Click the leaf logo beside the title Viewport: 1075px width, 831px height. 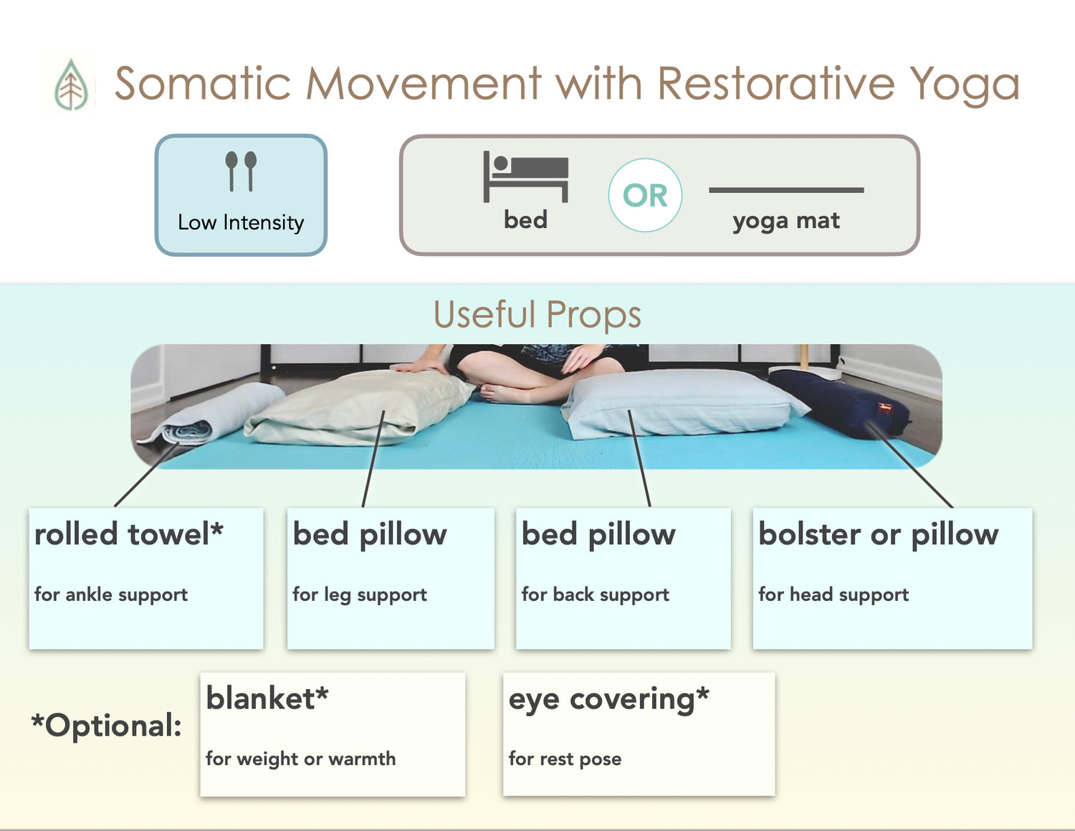(71, 84)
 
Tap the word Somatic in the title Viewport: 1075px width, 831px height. (203, 83)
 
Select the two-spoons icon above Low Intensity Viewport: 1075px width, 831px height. (241, 171)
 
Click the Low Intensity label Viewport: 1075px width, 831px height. (241, 222)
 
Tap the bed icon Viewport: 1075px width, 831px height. (525, 176)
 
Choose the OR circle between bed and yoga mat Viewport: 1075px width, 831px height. (645, 195)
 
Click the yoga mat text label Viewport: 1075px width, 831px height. (786, 221)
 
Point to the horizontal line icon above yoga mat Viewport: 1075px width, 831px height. (786, 190)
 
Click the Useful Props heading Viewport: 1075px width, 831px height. (537, 314)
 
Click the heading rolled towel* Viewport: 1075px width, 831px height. (128, 534)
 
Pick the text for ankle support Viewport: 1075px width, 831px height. (111, 594)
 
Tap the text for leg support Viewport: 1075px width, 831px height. (360, 594)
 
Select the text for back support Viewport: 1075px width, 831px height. (595, 594)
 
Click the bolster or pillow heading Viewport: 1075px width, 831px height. (879, 535)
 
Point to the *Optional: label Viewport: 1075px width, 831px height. (106, 725)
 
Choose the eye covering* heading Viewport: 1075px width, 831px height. (609, 700)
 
